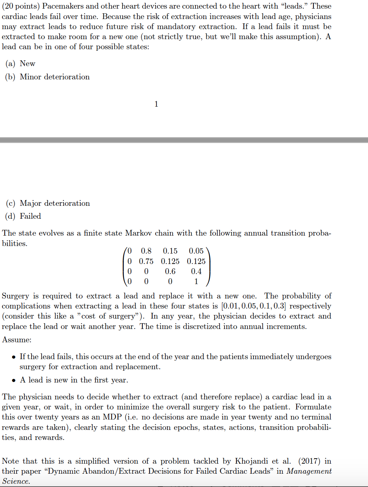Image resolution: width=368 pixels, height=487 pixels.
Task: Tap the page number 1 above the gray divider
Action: point(156,104)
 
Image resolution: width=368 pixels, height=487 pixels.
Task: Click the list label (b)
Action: point(10,77)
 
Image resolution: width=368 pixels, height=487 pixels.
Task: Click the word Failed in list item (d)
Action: point(30,216)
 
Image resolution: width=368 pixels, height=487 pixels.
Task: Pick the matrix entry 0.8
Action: point(146,251)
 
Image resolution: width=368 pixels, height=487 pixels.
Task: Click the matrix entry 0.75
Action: point(146,261)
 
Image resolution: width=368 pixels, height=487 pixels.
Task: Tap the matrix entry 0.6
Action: point(170,272)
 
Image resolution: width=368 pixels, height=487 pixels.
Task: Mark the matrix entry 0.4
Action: point(196,272)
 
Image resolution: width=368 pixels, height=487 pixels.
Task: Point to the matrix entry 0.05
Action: point(196,251)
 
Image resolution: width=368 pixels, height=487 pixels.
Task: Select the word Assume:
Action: point(16,340)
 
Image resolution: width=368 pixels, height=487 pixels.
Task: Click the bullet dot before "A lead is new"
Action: point(14,380)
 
